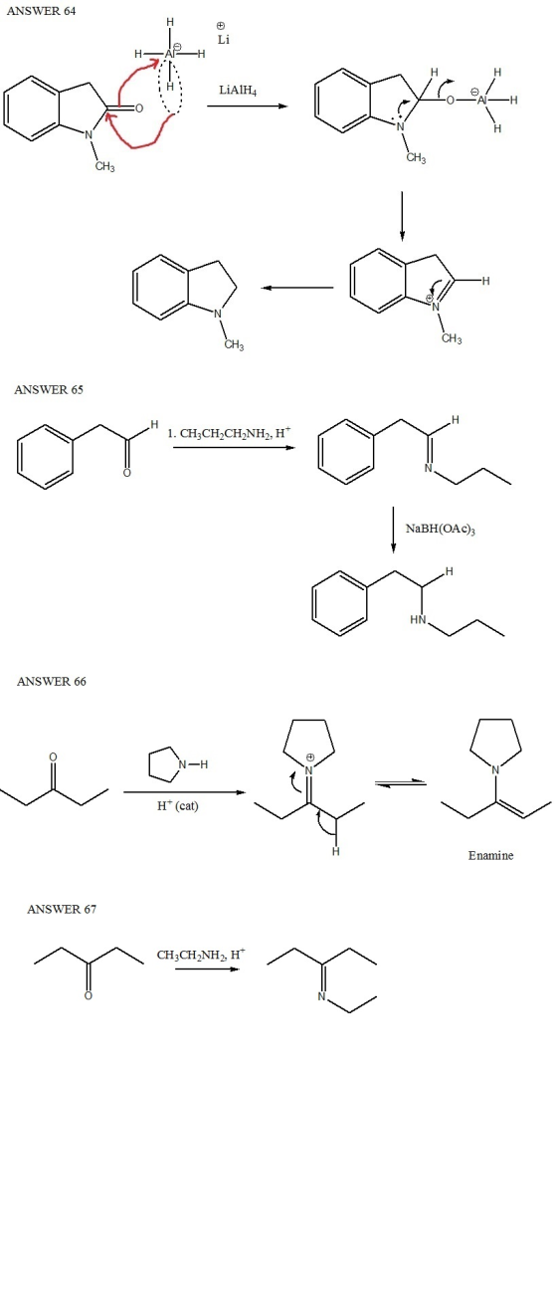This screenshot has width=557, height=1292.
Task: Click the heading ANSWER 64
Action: [41, 11]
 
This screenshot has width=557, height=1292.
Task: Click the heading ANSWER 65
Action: [49, 390]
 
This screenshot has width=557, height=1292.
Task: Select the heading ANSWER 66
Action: [52, 682]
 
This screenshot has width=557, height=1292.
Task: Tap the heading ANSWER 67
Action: [62, 910]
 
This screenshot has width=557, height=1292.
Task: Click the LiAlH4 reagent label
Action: [238, 91]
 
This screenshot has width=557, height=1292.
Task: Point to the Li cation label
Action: [223, 40]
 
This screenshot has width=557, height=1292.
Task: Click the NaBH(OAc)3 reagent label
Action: [440, 529]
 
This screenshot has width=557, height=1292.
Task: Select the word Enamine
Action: [490, 855]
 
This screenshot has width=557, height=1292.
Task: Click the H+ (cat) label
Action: [178, 806]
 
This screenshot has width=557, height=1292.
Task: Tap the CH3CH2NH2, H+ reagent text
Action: [201, 955]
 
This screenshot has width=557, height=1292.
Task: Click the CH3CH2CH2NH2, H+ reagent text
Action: [229, 433]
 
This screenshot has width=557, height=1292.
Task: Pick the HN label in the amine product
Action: [418, 620]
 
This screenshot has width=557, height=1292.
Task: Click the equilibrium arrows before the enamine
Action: [401, 782]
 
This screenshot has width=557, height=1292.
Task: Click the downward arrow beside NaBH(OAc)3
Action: [393, 530]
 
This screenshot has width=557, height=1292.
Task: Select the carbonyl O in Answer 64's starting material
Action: [138, 108]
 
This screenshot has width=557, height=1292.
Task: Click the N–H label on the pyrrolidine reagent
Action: [193, 764]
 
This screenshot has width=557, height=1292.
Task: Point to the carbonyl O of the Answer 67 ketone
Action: [89, 996]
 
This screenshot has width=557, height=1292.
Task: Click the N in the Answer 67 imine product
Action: [321, 996]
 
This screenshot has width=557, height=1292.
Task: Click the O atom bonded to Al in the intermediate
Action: [451, 100]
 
